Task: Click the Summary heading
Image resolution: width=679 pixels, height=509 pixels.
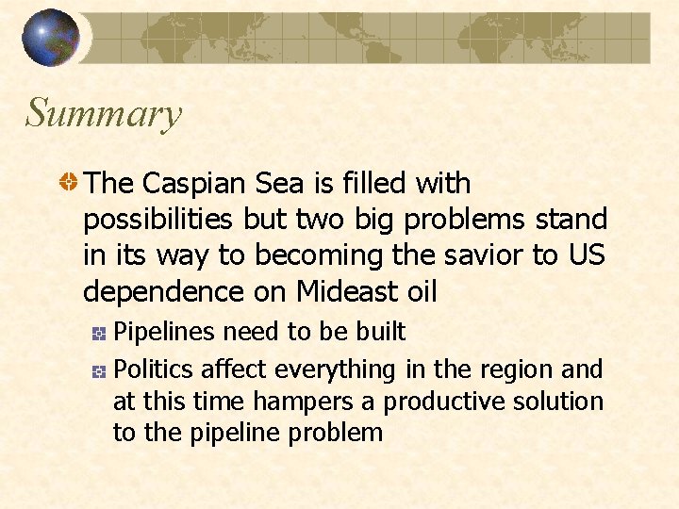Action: click(103, 114)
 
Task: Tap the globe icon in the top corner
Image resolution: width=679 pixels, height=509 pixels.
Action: click(51, 38)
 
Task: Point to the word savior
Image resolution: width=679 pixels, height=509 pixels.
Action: click(479, 255)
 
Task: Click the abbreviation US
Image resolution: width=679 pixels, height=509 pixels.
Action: click(584, 255)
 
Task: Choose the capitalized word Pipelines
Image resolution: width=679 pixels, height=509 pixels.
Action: click(165, 332)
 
